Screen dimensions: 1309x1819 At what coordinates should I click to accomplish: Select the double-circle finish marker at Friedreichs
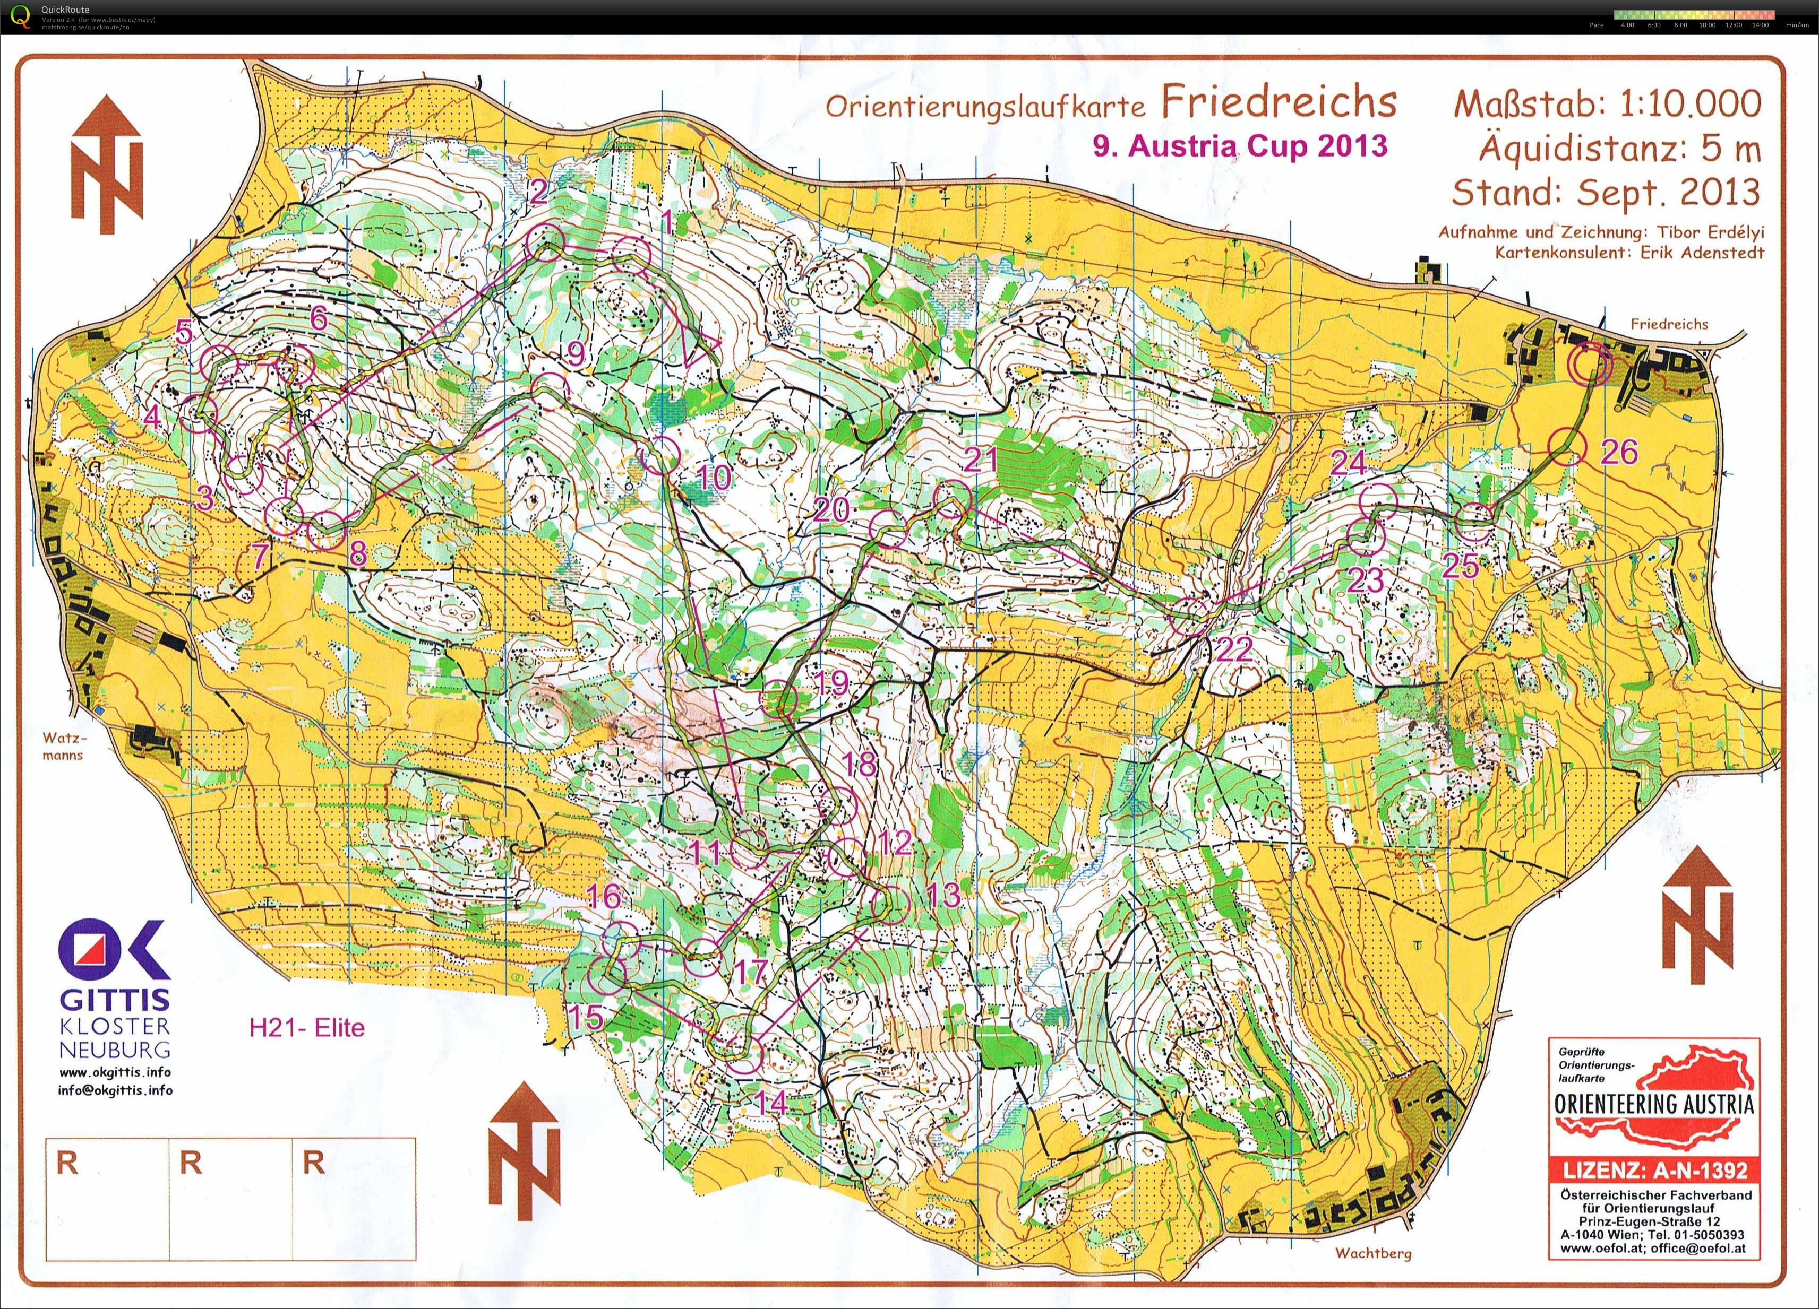(x=1590, y=365)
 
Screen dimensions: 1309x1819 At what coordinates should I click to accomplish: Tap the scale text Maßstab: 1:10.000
(x=1607, y=103)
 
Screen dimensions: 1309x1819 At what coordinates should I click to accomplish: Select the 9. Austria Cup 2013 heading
(x=1239, y=146)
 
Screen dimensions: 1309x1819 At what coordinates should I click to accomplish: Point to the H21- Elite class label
(x=307, y=1028)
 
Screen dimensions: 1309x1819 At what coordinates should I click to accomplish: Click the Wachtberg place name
(x=1372, y=1253)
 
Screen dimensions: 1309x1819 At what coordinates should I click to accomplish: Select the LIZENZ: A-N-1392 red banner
(x=1654, y=1171)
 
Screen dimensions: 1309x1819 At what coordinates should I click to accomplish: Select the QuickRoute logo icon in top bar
(x=17, y=16)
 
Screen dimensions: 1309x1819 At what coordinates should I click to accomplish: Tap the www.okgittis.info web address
(x=115, y=1072)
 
